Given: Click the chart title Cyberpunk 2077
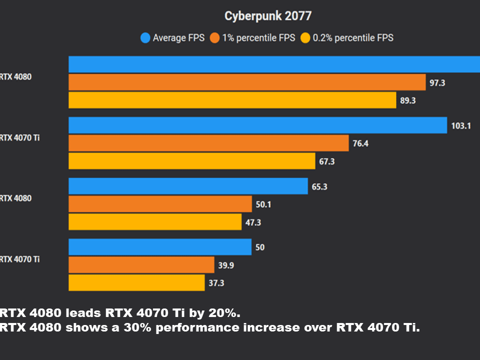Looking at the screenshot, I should click(x=268, y=16).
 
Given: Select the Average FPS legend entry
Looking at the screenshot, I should click(x=178, y=37).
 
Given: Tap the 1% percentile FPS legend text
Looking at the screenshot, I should click(x=259, y=37).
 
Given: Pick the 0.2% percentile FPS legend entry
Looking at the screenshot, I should click(x=353, y=37).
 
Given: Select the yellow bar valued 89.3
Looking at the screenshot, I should click(x=232, y=100).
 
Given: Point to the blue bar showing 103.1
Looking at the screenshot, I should click(x=257, y=125).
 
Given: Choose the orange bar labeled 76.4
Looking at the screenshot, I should click(x=208, y=143).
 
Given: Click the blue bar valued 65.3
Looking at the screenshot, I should click(x=188, y=186).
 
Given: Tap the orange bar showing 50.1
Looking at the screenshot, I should click(x=160, y=204).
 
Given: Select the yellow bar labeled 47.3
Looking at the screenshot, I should click(x=155, y=222).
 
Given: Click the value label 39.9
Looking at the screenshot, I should click(x=226, y=265).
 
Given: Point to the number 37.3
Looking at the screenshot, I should click(x=216, y=283).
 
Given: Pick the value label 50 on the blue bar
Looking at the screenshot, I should click(x=260, y=247).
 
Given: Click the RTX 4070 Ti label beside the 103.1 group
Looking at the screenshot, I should click(x=20, y=137).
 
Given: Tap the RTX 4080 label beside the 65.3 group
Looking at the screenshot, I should click(x=16, y=198).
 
